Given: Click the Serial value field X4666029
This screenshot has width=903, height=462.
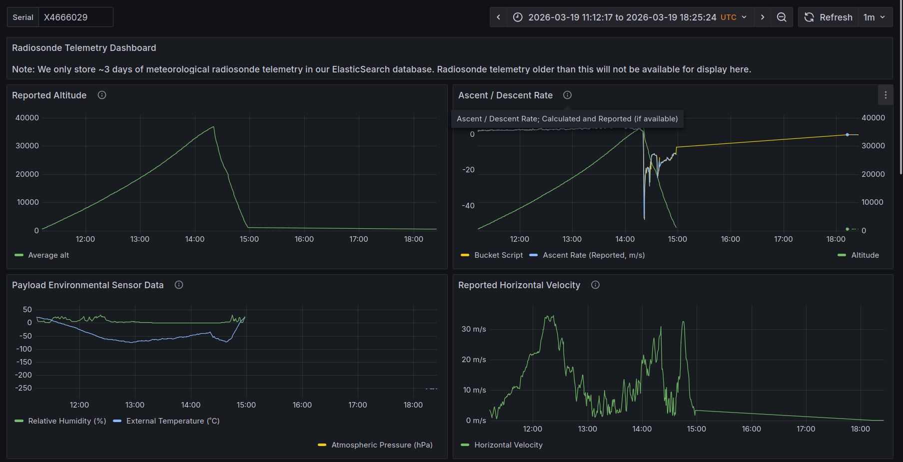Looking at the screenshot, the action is click(x=75, y=17).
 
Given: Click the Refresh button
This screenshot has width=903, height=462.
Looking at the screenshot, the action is click(x=828, y=17).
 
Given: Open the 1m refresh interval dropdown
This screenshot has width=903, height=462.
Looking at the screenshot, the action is click(x=875, y=17).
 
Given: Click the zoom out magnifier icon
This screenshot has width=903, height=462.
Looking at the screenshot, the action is click(x=782, y=17).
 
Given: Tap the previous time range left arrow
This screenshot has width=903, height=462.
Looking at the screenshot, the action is click(x=498, y=17).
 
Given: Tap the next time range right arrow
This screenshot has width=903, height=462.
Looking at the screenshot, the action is click(x=762, y=17).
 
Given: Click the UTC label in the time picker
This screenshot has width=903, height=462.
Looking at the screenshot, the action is click(x=728, y=17).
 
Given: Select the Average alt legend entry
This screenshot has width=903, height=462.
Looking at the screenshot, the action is click(x=42, y=255).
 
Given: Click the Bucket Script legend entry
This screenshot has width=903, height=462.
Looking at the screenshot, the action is click(x=492, y=255).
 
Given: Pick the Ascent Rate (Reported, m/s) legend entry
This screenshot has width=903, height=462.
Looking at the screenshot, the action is click(x=587, y=255).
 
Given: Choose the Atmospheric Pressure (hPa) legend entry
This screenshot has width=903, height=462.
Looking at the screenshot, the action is click(x=375, y=445).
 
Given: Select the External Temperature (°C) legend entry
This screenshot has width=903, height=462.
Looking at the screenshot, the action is click(x=166, y=421).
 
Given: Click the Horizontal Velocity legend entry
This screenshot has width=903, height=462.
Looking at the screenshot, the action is click(x=502, y=445).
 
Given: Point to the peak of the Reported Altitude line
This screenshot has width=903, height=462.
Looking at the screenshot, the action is click(x=214, y=127).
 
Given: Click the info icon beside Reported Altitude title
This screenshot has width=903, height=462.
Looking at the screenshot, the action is click(x=102, y=95).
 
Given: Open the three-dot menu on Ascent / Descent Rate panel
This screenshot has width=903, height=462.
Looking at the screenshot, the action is click(x=886, y=95).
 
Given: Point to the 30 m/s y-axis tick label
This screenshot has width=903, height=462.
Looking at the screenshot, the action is click(x=474, y=329).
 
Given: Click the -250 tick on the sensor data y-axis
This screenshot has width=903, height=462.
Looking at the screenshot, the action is click(x=23, y=388).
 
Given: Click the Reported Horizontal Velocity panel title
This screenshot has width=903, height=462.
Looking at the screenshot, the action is click(x=519, y=285).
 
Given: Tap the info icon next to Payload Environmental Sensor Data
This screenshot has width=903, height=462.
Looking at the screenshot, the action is click(x=179, y=285).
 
